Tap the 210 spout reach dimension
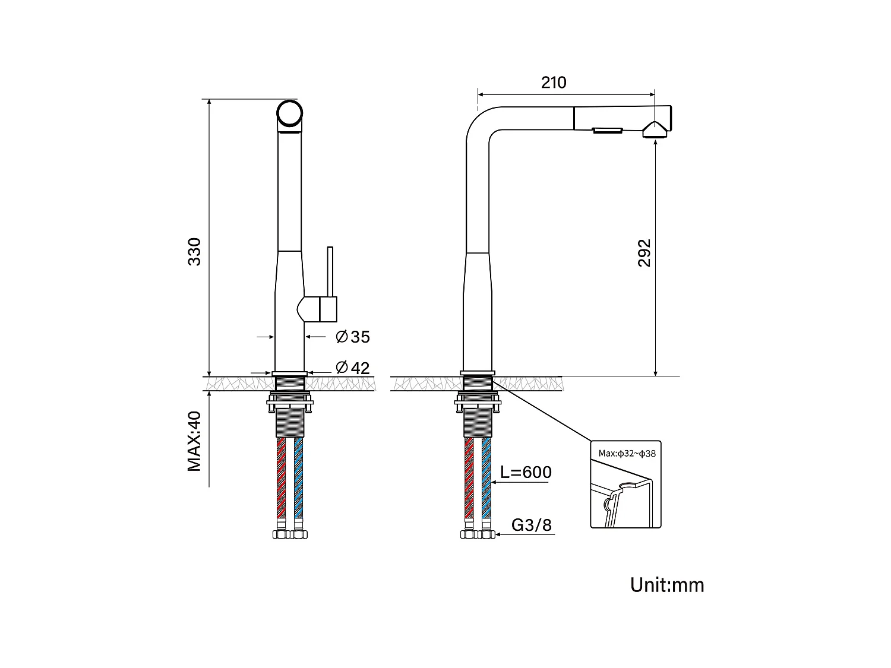[554, 83]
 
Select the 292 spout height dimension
[645, 253]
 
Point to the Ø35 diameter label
[353, 337]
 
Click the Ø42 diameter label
[353, 368]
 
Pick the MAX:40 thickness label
[195, 441]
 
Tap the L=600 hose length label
[526, 473]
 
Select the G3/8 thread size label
[532, 525]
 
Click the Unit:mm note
[667, 585]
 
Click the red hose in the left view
[282, 478]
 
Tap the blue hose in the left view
[298, 478]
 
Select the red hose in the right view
[469, 478]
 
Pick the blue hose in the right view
[486, 478]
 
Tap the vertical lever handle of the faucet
[331, 270]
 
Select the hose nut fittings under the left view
[290, 534]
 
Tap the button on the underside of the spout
[606, 131]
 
